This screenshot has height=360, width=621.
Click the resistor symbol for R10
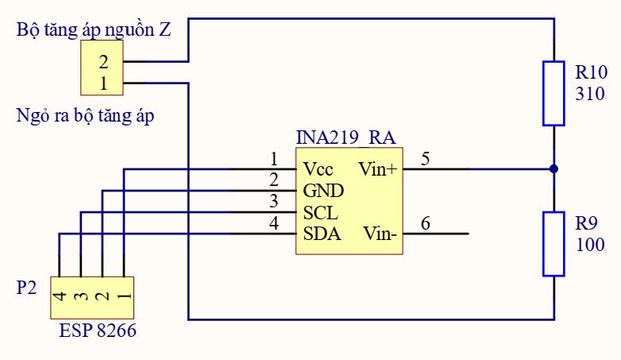coord(553,92)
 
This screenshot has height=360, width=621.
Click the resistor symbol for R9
coord(553,244)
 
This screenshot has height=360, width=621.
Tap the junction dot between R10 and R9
coord(553,168)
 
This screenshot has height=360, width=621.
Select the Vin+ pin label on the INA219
coord(377,169)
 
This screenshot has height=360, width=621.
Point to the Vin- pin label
coord(380,234)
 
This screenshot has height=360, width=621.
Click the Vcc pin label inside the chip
coord(318,169)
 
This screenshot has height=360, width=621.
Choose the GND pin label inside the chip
coord(322,192)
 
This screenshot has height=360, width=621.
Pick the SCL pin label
coord(320,213)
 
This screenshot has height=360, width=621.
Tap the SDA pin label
coord(322,234)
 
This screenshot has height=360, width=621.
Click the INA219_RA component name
coord(345,136)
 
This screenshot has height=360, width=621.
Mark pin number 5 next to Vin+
coord(426,158)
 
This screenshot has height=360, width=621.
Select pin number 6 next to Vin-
coord(426,223)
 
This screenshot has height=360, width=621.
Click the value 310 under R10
coord(589,94)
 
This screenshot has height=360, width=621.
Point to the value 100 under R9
coord(589,245)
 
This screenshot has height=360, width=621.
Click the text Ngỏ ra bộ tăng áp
coord(85,116)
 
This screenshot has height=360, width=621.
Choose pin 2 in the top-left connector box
coord(103,61)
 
